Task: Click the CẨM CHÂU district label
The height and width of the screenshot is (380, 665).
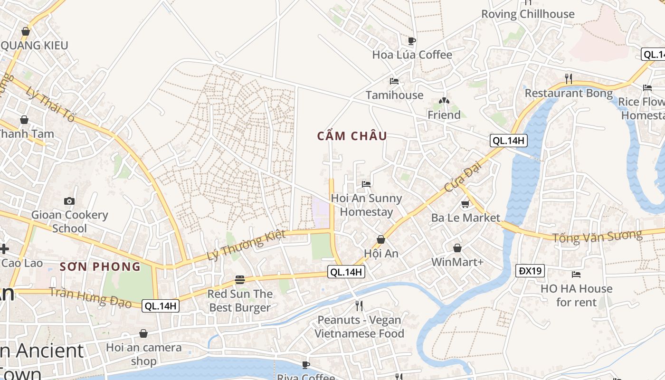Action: tap(352, 136)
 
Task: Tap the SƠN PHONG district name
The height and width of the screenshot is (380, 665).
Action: tap(100, 266)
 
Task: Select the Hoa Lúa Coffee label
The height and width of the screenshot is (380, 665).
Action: tap(412, 55)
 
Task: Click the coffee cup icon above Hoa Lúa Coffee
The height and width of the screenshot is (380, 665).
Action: tap(412, 41)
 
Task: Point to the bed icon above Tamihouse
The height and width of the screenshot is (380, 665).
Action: tap(394, 81)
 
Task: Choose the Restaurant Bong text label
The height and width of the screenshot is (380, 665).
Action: tap(569, 93)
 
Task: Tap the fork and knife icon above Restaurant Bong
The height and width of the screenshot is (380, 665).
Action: tap(569, 78)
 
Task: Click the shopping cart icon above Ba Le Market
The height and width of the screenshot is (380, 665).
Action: tap(465, 204)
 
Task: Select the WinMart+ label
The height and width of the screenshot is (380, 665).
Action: tap(457, 262)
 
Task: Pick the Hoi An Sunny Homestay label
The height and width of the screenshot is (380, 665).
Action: tap(366, 205)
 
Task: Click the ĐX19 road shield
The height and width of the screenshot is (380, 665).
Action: tap(530, 271)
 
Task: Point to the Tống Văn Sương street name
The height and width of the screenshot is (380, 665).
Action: tap(597, 236)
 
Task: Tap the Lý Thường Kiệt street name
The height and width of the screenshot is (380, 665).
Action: tap(246, 245)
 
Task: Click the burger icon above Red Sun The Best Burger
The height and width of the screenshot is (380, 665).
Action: tap(240, 280)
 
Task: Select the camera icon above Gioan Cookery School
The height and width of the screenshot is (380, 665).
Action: tap(69, 201)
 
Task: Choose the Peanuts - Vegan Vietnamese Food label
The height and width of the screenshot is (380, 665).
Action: tap(359, 327)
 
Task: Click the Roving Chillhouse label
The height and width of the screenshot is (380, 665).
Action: tap(528, 14)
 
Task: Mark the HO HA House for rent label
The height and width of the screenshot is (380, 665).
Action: tap(576, 295)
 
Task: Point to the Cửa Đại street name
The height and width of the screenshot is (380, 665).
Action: tap(463, 176)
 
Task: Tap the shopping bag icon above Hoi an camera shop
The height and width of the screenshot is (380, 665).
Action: tap(143, 334)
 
